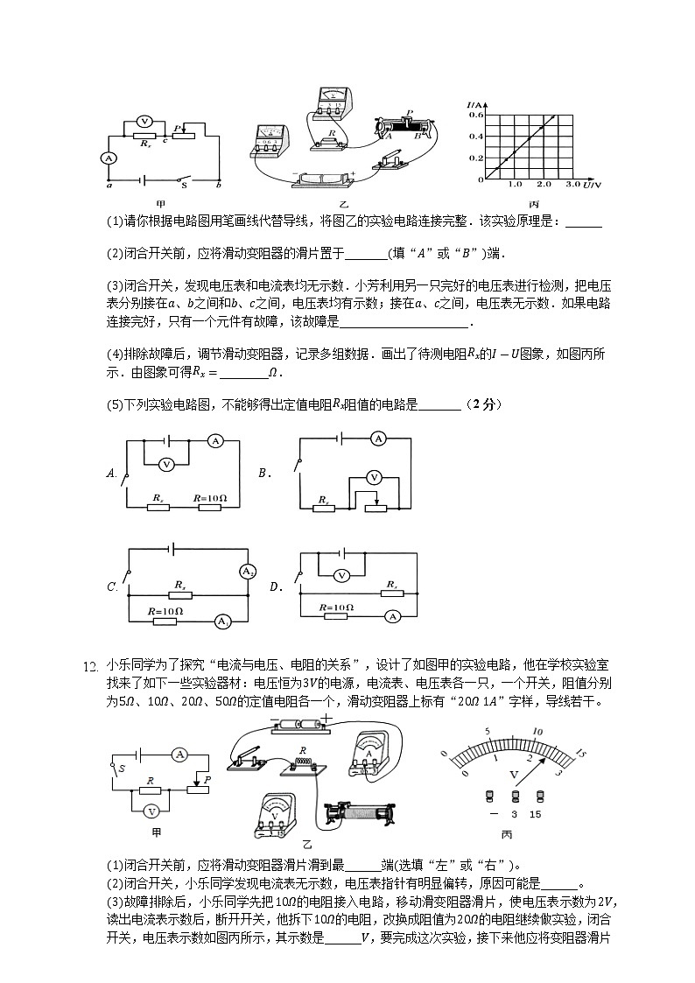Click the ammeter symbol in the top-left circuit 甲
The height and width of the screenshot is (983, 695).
coord(108,158)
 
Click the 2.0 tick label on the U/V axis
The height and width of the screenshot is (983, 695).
coord(544,186)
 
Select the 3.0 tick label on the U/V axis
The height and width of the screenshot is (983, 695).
coord(573,186)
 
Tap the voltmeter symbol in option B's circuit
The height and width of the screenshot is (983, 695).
coord(374,477)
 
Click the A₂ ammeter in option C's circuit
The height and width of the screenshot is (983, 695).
coord(247,572)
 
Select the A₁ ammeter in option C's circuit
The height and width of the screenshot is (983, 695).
coord(222,621)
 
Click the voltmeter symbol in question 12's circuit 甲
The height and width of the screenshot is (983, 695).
coord(151,811)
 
